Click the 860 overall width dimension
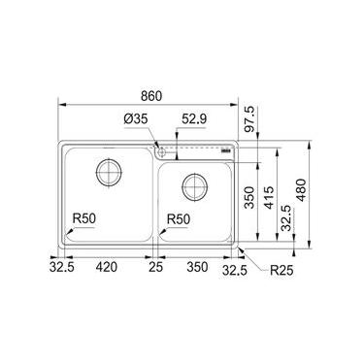(x=151, y=96)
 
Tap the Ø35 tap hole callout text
(x=136, y=119)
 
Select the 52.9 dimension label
(x=194, y=119)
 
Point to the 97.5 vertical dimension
(x=249, y=119)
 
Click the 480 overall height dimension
(x=301, y=190)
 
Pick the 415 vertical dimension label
(x=269, y=197)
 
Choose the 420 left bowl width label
(x=107, y=267)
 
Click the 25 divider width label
(x=155, y=267)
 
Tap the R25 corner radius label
(x=281, y=270)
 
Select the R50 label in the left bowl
(x=84, y=219)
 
